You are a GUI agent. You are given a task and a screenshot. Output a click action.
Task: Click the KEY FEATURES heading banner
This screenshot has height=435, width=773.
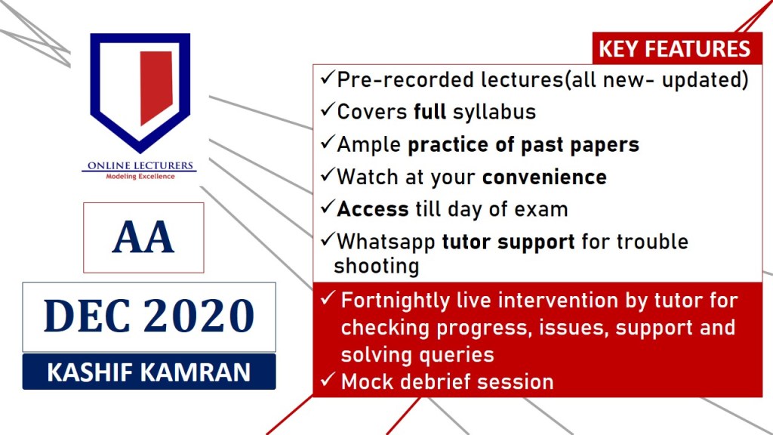pyautogui.click(x=677, y=48)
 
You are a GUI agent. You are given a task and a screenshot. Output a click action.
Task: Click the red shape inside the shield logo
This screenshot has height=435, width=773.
pyautogui.click(x=156, y=87)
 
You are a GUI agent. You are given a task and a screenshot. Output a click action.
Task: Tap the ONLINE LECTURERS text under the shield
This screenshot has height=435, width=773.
pyautogui.click(x=140, y=165)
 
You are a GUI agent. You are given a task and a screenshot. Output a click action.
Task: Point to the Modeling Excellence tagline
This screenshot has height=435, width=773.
pyautogui.click(x=140, y=177)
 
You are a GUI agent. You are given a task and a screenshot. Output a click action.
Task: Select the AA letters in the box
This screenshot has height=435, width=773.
pyautogui.click(x=143, y=237)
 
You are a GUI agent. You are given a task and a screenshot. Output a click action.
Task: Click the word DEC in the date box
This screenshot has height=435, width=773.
pyautogui.click(x=87, y=316)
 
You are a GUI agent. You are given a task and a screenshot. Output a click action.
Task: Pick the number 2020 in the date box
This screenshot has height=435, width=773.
pyautogui.click(x=199, y=316)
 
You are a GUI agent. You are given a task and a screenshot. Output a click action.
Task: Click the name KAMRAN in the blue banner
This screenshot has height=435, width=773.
pyautogui.click(x=196, y=372)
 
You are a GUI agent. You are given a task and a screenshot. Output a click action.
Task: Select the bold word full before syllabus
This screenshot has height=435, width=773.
pyautogui.click(x=430, y=112)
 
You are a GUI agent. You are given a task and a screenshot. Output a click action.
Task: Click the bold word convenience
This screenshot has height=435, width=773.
pyautogui.click(x=545, y=177)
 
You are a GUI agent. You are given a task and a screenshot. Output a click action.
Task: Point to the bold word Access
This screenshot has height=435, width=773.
pyautogui.click(x=373, y=209)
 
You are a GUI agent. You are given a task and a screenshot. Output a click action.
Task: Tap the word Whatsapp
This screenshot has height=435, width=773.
pyautogui.click(x=386, y=242)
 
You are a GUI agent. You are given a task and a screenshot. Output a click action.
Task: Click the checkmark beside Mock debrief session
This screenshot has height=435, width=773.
pyautogui.click(x=328, y=380)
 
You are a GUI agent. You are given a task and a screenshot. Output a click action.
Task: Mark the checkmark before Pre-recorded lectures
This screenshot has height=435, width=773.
pyautogui.click(x=328, y=78)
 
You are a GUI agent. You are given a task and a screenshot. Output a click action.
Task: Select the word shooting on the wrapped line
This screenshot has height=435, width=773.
pyautogui.click(x=377, y=267)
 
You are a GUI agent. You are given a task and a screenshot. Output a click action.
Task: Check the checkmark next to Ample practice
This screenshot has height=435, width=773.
pyautogui.click(x=328, y=143)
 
